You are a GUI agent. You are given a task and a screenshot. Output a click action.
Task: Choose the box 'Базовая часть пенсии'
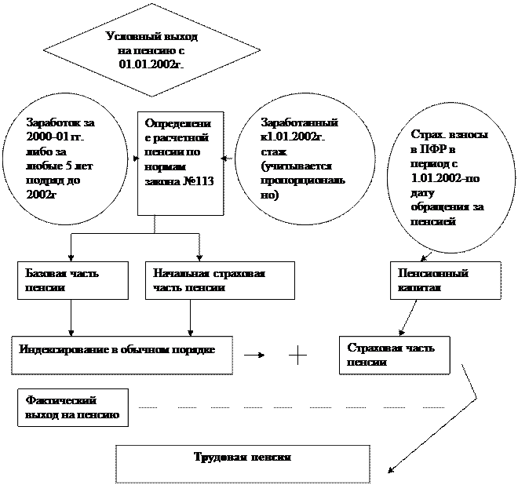[x=72, y=280]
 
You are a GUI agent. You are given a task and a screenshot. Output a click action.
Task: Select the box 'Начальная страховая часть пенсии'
[x=220, y=280]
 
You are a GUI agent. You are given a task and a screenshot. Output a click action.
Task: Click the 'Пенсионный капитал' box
[x=444, y=280]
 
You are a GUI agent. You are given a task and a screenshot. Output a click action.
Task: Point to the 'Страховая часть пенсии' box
[x=395, y=355]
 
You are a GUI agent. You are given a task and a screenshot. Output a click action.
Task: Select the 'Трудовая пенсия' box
[x=243, y=463]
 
